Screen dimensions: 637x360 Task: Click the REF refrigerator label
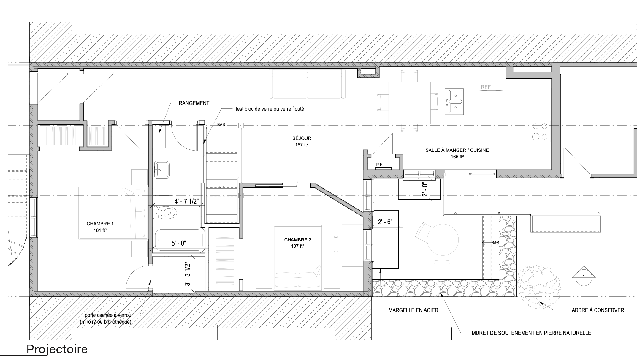pos(486,87)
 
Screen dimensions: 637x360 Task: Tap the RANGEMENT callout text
pos(194,103)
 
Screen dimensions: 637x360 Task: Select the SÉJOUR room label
pos(302,138)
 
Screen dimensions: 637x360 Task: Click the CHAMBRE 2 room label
pos(298,240)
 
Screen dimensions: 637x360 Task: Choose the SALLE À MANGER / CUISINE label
pos(457,150)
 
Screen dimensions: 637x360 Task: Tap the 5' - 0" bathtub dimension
pos(179,243)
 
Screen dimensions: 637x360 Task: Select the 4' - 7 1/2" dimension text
pos(186,201)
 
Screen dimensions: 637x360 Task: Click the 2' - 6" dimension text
pos(385,222)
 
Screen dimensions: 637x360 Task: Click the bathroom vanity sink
pos(162,170)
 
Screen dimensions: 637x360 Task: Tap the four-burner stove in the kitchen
pos(540,131)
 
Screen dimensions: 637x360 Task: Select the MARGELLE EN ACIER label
pos(413,310)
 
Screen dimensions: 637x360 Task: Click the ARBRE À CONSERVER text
pos(598,310)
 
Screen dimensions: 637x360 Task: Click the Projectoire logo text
pos(57,349)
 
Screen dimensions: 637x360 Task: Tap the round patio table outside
pos(443,239)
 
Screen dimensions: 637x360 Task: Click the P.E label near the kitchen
pos(379,165)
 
